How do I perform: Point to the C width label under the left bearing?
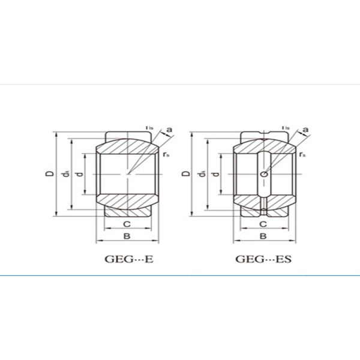point(127,224)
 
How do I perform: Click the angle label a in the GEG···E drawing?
point(169,130)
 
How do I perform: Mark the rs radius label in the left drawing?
point(166,154)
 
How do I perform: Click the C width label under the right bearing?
point(263,224)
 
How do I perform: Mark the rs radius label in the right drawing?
point(302,154)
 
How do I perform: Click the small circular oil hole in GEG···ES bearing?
point(263,174)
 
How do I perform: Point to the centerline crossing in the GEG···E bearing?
point(127,174)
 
